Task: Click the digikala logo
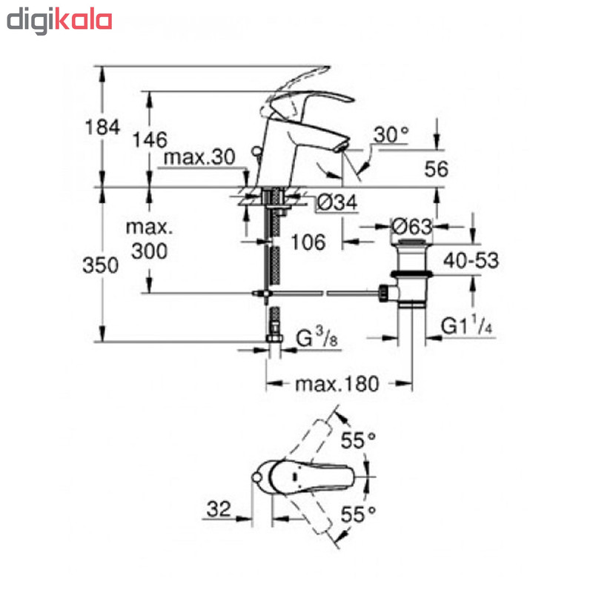click(59, 21)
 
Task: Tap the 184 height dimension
click(102, 127)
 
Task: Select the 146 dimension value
click(150, 140)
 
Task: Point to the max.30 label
click(199, 157)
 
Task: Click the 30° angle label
click(391, 135)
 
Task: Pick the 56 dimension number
click(436, 169)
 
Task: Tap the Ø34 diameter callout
click(337, 202)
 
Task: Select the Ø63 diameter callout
click(411, 227)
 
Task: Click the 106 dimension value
click(308, 242)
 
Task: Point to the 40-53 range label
click(471, 261)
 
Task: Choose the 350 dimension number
click(100, 265)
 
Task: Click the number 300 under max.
click(150, 251)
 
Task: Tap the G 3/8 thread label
click(317, 338)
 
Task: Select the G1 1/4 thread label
click(467, 325)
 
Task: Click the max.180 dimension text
click(337, 384)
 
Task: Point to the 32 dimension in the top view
click(218, 509)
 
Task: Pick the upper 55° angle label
click(358, 440)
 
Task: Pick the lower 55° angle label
click(358, 514)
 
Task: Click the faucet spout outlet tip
click(342, 147)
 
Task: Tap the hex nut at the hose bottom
click(274, 338)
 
